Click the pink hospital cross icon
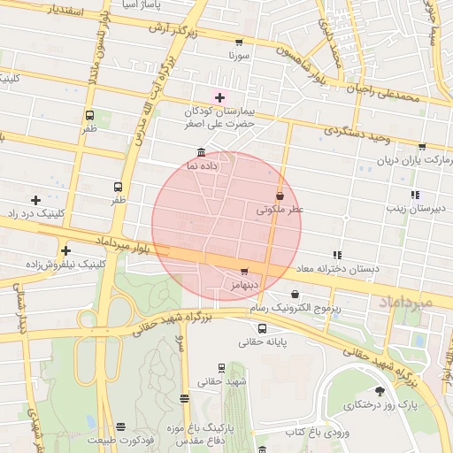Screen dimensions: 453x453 coord(219,96)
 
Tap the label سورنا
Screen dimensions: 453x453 coord(241,55)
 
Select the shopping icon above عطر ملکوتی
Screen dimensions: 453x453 coord(280,196)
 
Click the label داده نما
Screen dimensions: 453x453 coord(203,165)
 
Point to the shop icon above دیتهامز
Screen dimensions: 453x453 coord(244,271)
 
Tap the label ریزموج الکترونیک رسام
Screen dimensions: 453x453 coord(294,308)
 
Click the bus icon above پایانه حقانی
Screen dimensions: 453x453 coord(262,329)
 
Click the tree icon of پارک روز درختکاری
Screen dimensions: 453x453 coord(380,390)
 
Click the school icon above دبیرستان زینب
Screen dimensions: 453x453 coord(414,195)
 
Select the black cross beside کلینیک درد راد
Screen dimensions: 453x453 coord(35,201)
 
